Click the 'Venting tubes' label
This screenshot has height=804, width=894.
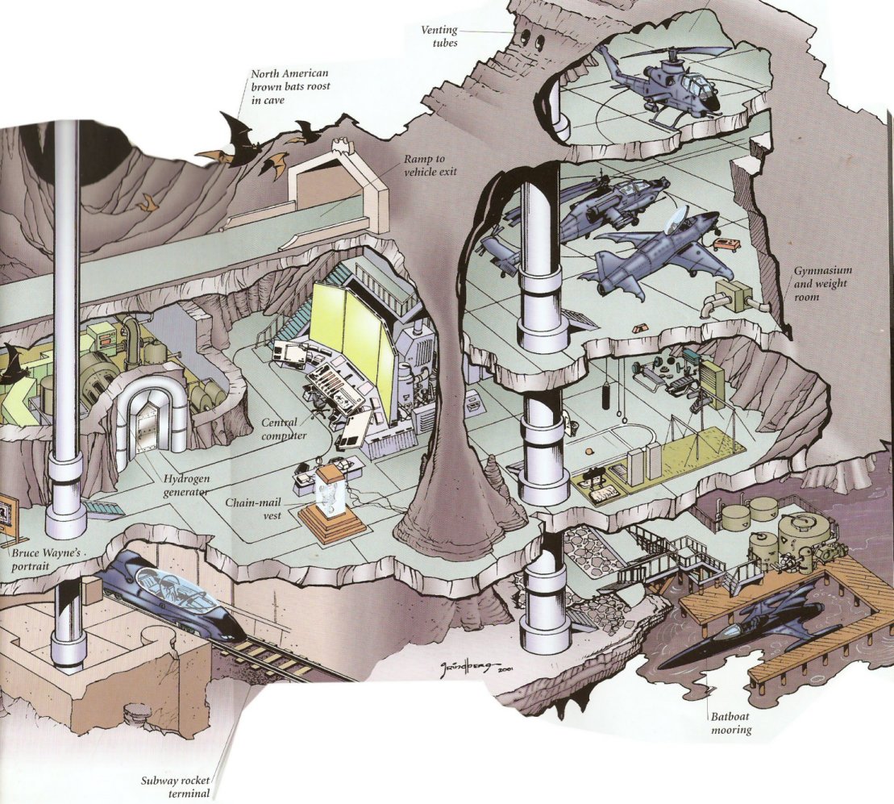(439, 36)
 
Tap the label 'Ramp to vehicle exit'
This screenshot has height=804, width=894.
(430, 165)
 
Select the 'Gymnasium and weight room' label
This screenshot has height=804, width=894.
(821, 283)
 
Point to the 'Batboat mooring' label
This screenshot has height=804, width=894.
(731, 723)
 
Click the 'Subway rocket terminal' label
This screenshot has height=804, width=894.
(176, 787)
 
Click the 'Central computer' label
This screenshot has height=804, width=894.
(284, 429)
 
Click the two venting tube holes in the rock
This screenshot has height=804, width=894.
(530, 39)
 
